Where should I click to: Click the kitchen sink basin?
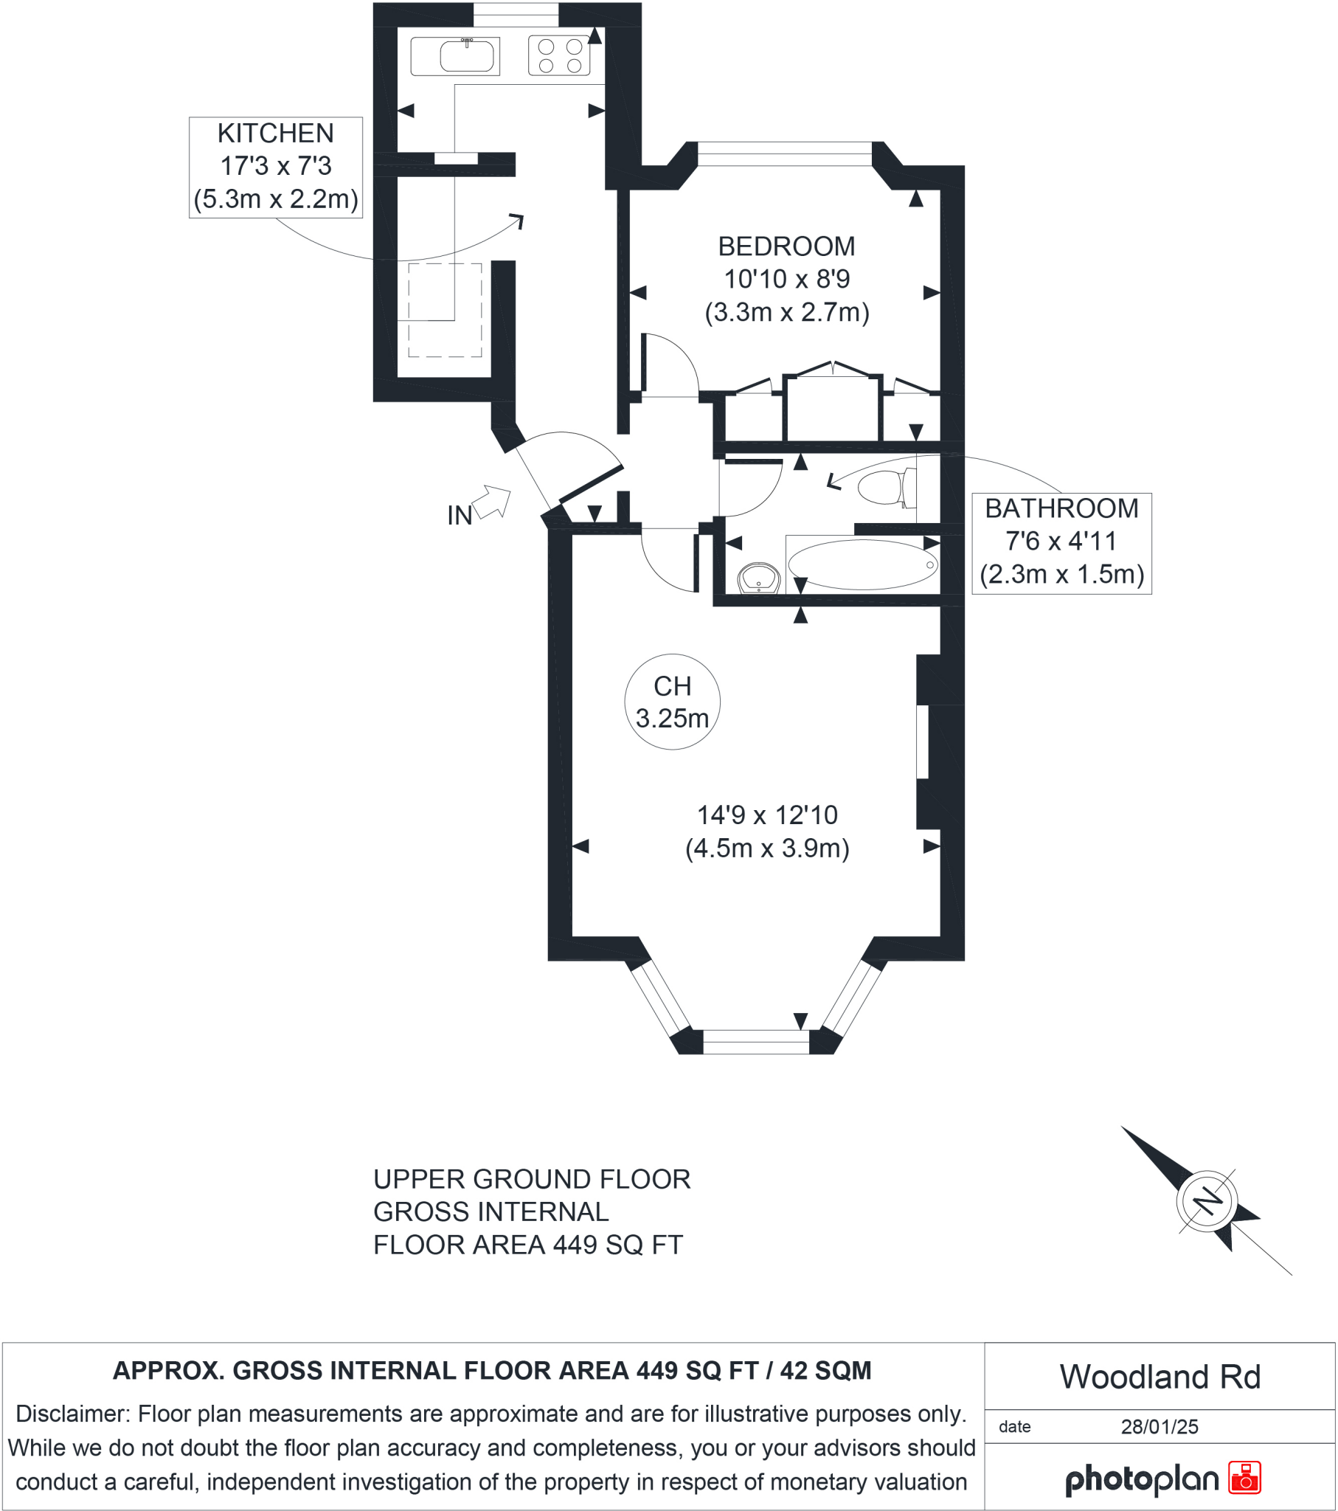point(466,56)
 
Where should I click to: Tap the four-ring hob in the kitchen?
point(560,56)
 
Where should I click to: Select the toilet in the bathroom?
point(883,488)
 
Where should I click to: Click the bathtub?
point(862,564)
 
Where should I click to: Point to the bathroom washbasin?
point(758,578)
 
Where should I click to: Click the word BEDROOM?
point(786,246)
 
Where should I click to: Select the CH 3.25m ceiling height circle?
point(672,702)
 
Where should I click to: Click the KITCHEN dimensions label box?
point(276,167)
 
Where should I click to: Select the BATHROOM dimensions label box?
point(1061,542)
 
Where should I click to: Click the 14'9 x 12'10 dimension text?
point(767,815)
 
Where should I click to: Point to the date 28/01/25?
point(1159,1427)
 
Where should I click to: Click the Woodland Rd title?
point(1159,1377)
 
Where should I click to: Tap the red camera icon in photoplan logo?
point(1244,1478)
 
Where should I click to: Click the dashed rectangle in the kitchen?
point(445,311)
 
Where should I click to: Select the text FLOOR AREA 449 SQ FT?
point(528,1245)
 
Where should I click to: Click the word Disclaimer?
point(72,1414)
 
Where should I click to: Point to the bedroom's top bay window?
point(784,154)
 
